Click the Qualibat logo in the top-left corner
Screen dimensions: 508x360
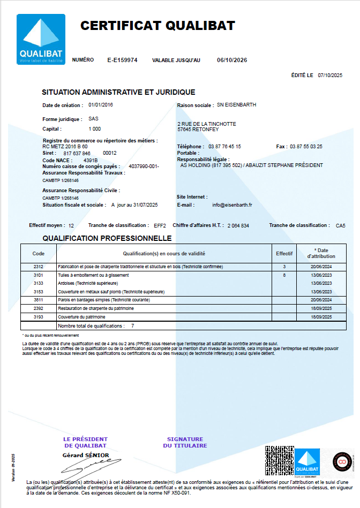(40, 40)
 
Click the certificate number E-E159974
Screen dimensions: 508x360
(122, 60)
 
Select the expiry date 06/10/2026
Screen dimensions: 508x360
(232, 60)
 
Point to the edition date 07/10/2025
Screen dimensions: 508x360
(330, 75)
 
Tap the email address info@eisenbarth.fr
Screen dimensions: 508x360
(232, 205)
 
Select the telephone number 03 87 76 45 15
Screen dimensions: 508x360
(224, 146)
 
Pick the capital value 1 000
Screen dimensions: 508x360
(94, 129)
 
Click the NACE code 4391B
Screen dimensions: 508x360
(91, 160)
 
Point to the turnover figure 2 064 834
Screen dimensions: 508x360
(238, 226)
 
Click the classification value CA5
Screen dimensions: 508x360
(340, 226)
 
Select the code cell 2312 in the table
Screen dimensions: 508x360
(38, 267)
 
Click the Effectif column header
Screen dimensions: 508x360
(284, 253)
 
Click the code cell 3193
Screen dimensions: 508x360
(38, 317)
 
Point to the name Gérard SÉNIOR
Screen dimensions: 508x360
(86, 455)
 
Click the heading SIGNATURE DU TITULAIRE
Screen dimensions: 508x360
(185, 442)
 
